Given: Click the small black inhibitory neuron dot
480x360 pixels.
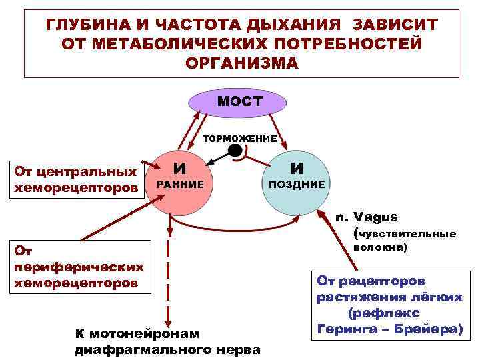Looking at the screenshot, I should (235, 151).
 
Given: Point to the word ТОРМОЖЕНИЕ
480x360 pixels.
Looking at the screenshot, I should (239, 137).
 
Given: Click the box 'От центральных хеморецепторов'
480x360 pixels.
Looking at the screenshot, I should (75, 179).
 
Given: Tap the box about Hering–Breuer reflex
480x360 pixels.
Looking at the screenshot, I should (389, 304).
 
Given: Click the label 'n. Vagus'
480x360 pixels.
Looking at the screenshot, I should (367, 217).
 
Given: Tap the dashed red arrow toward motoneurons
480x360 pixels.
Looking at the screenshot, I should (168, 280).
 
